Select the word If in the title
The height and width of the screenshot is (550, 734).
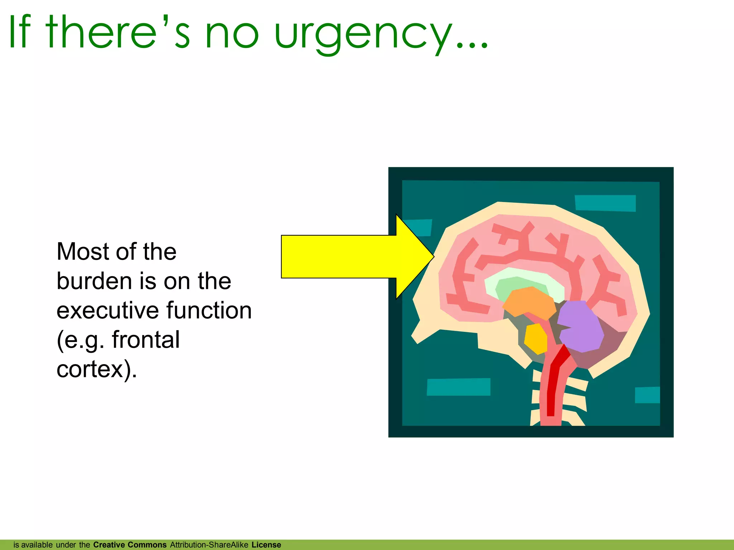point(20,32)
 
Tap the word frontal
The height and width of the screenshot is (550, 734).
point(146,340)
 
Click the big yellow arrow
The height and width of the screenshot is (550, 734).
point(344,256)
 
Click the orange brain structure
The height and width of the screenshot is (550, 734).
point(529,303)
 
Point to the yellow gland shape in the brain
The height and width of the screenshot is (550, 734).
point(536,338)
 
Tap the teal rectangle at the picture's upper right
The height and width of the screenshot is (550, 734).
point(605,203)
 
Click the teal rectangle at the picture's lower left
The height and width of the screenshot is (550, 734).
point(458,387)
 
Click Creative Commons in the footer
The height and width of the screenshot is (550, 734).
point(130,545)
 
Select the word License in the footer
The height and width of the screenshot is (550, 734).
point(266,545)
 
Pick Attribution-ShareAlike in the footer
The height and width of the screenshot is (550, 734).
point(209,545)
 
